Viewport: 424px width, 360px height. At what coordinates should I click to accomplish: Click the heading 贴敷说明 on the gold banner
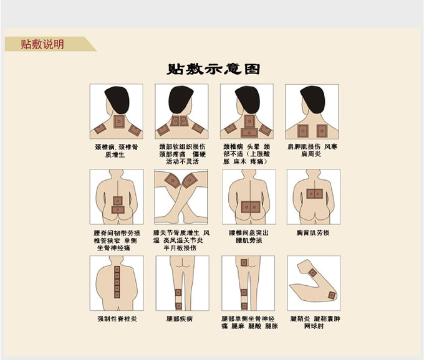click(x=42, y=44)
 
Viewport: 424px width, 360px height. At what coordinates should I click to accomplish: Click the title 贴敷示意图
click(x=213, y=69)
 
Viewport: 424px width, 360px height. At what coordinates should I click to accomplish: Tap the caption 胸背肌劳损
click(x=313, y=232)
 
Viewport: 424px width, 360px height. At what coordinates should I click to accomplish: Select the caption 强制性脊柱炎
click(x=117, y=319)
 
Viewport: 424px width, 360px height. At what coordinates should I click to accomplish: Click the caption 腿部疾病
click(x=180, y=319)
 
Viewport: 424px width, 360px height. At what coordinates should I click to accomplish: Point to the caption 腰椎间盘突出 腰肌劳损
click(x=249, y=236)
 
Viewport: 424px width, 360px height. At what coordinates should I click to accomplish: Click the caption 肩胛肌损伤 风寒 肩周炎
click(x=312, y=151)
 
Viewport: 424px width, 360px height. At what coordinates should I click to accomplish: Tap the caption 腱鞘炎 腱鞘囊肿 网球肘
click(x=315, y=322)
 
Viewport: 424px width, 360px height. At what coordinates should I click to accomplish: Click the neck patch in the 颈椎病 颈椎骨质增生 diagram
click(x=119, y=121)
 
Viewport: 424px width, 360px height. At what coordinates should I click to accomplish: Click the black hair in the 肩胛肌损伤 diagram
click(x=313, y=99)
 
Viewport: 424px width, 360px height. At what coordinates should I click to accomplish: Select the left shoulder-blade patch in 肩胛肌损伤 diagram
click(x=303, y=131)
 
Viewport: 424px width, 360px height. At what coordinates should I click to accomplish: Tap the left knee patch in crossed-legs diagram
click(x=172, y=180)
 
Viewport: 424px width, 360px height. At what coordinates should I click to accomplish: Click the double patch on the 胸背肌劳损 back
click(x=315, y=194)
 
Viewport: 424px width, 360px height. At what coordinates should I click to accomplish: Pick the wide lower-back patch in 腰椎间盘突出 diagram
click(x=251, y=207)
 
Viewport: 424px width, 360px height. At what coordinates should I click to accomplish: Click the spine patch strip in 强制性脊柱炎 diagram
click(x=117, y=282)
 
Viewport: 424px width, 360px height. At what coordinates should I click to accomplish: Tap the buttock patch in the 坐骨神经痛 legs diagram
click(x=244, y=262)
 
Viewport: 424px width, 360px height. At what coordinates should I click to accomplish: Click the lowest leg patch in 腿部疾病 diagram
click(x=178, y=306)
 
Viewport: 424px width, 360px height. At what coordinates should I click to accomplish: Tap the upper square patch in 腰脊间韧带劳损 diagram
click(x=118, y=201)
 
